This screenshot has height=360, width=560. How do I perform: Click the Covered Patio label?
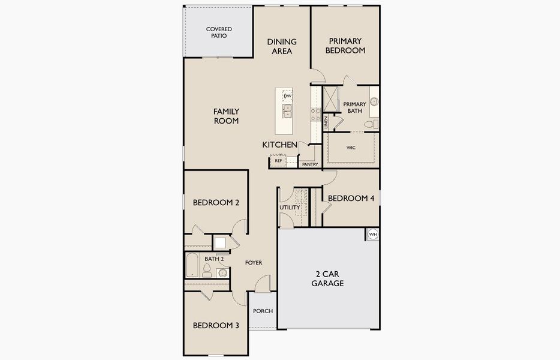tap(219, 32)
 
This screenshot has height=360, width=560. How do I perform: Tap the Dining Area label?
tap(282, 46)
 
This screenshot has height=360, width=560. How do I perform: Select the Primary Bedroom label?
tap(345, 46)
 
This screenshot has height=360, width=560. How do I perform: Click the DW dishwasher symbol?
tap(288, 96)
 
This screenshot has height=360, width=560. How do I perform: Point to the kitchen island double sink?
tap(287, 111)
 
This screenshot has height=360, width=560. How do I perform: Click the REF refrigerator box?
tap(278, 161)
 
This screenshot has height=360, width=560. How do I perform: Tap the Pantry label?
tap(310, 164)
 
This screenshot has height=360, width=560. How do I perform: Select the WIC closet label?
tap(351, 148)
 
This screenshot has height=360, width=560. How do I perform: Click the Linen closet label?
tap(326, 122)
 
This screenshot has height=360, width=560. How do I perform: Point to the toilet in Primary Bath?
tap(372, 124)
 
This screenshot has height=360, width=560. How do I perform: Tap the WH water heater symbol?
tap(373, 234)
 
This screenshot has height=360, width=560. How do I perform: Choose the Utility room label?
tap(290, 208)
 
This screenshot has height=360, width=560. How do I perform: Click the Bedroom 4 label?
tap(351, 198)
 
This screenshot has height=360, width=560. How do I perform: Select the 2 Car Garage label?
tap(327, 279)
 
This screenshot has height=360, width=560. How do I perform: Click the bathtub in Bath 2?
tap(192, 265)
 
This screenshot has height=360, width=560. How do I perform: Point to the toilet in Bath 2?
tap(207, 271)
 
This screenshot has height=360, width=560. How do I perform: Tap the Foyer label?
tap(254, 263)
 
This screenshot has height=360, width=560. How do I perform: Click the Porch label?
tap(263, 311)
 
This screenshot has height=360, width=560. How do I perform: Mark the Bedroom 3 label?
tap(216, 325)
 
